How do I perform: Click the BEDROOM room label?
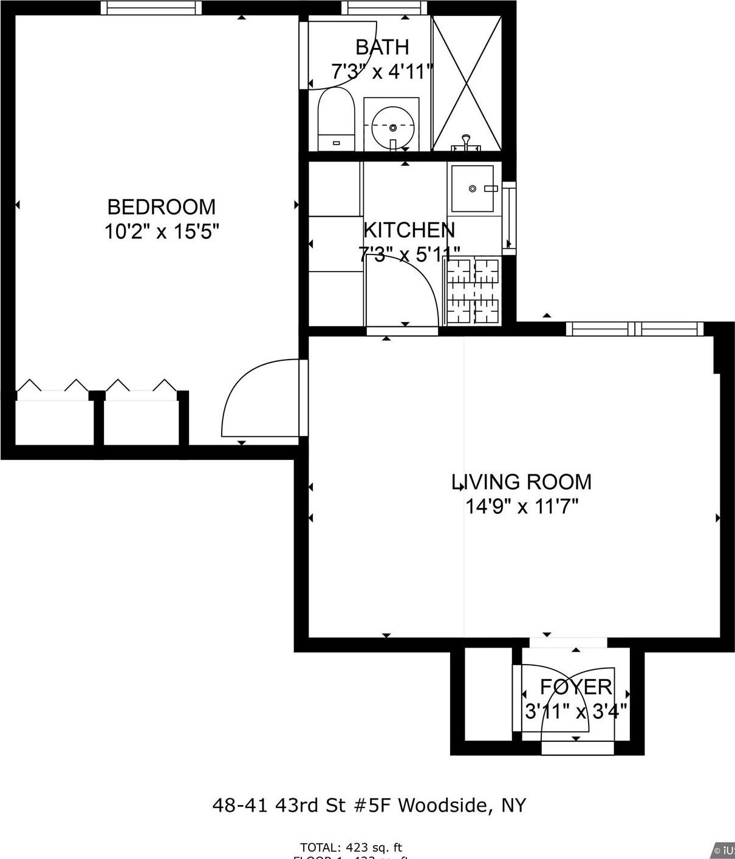coord(161,207)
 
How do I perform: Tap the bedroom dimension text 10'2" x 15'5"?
coord(161,232)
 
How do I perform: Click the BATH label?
coord(381,47)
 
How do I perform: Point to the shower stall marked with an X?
coord(467,83)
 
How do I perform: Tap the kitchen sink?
coord(473,189)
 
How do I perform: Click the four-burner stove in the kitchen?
coord(473,290)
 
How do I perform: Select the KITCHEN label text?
coord(408,230)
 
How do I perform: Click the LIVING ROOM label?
coord(521,482)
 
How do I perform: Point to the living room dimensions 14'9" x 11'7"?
coord(521,506)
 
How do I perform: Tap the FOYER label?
coord(576,687)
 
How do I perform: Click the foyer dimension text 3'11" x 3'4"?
coord(576,711)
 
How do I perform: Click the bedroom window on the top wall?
coord(151,7)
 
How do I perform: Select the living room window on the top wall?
coord(634,329)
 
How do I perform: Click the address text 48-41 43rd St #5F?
coord(303,806)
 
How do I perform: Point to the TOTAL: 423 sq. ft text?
coord(351,847)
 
